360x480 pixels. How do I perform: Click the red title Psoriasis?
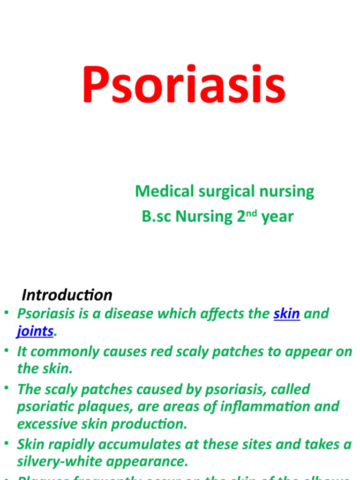click(x=183, y=86)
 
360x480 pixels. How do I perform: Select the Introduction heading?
click(x=67, y=295)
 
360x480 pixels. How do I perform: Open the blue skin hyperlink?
click(x=286, y=314)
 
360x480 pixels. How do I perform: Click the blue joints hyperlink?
click(x=35, y=331)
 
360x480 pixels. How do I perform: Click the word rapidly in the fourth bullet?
click(x=70, y=444)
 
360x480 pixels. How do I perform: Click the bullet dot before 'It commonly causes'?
click(x=7, y=351)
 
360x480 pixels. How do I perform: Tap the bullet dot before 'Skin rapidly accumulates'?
click(x=7, y=443)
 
